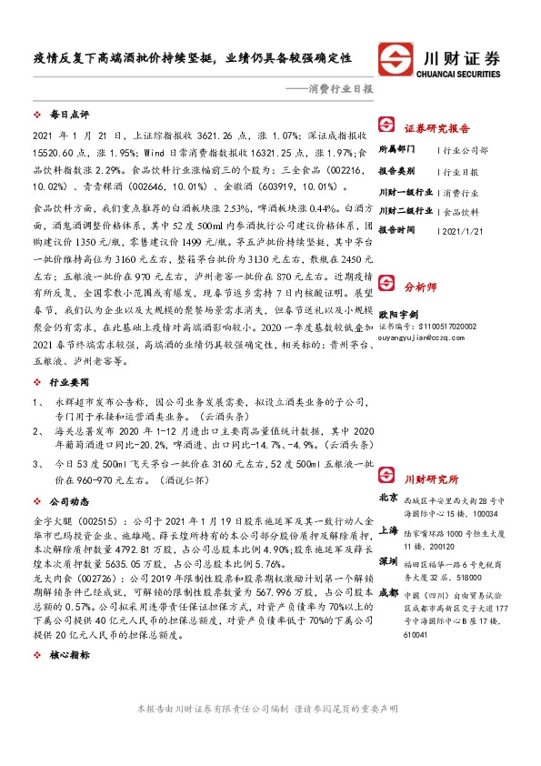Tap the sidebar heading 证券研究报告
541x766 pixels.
[x=437, y=128]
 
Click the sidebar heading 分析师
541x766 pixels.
[x=421, y=312]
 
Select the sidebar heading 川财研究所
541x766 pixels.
[x=432, y=479]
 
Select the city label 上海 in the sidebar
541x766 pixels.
[x=387, y=529]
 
